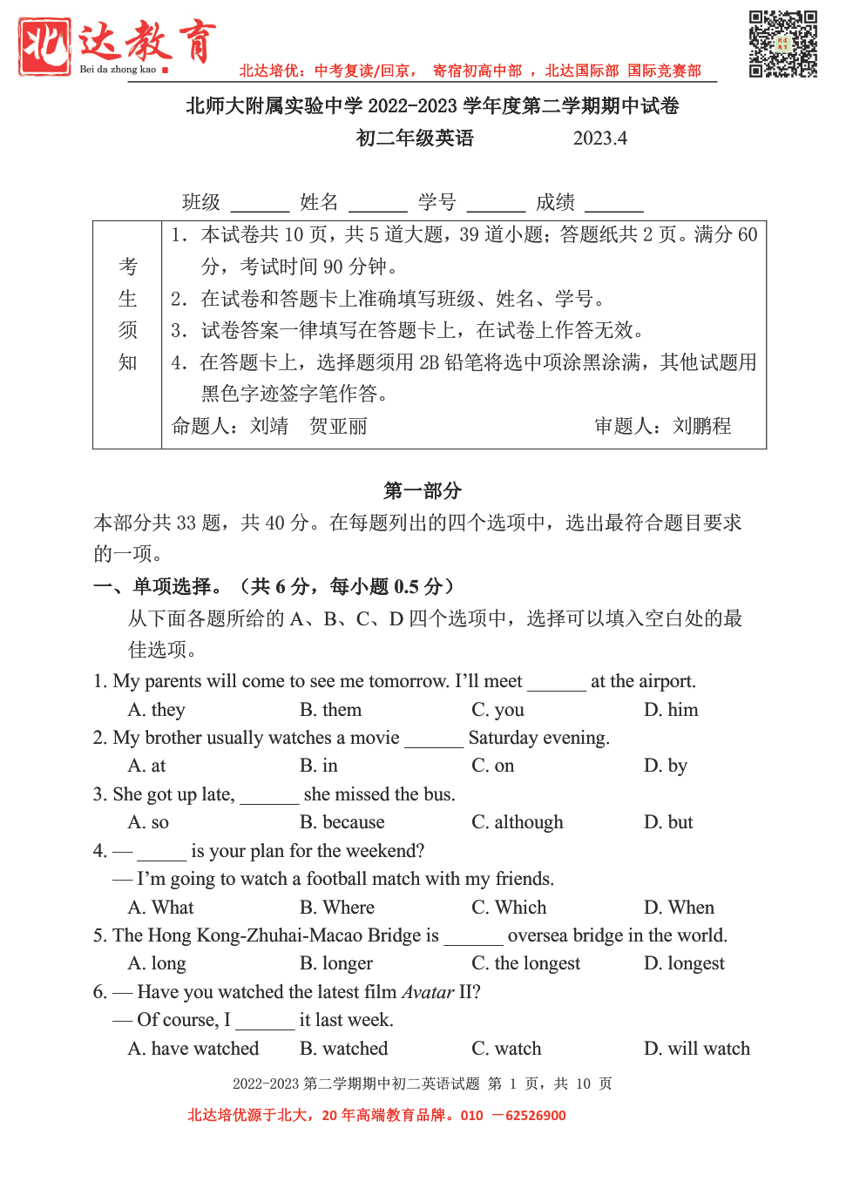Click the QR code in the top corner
pos(782,44)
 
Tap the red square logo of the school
pos(44,46)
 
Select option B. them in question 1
pos(330,710)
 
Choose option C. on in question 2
pos(493,766)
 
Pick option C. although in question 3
pos(518,822)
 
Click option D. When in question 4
pos(679,908)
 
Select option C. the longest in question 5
pos(525,963)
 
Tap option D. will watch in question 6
pos(696,1049)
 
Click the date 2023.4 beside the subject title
pos(599,138)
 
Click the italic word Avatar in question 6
pos(428,992)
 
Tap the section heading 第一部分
pos(423,490)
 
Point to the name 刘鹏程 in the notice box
pos(701,426)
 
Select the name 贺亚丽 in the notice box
pos(338,426)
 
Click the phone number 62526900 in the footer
pos(535,1116)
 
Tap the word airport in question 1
pos(667,681)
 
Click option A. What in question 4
pos(161,908)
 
